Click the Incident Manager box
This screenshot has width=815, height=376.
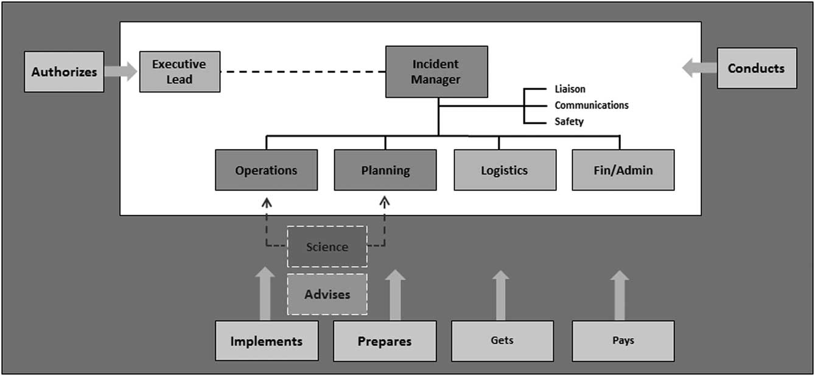[x=436, y=72]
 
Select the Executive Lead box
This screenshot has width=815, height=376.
[x=180, y=72]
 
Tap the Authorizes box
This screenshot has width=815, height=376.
[x=64, y=72]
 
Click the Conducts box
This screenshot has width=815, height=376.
[x=757, y=68]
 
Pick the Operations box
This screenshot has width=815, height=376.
[x=266, y=170]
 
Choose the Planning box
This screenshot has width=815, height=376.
[x=385, y=170]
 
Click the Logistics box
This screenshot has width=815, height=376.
[x=504, y=170]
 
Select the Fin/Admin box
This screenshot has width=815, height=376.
[x=623, y=170]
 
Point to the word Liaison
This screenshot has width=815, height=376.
[x=570, y=89]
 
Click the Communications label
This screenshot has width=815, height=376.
[x=591, y=105]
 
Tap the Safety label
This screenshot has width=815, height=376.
[x=568, y=122]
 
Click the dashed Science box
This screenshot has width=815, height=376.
[x=327, y=246]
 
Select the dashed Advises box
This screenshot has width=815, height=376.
[x=327, y=294]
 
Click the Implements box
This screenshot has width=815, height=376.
[x=266, y=341]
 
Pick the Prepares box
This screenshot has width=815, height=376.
[x=385, y=341]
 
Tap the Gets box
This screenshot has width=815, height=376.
[x=502, y=341]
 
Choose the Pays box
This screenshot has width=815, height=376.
[x=623, y=341]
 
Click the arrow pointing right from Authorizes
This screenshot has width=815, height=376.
[x=121, y=71]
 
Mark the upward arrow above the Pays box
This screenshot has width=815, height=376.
[x=620, y=296]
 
